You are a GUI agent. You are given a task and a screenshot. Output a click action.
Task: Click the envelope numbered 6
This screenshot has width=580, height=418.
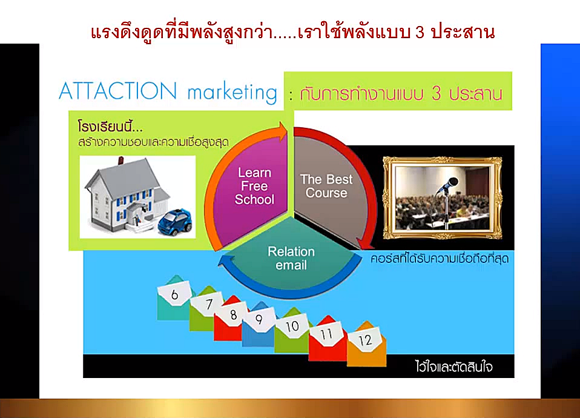pos(174,297)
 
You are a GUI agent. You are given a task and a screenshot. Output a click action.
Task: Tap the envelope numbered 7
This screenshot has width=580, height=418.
pos(206,308)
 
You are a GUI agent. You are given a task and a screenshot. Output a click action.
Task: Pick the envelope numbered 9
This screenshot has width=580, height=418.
pos(259,326)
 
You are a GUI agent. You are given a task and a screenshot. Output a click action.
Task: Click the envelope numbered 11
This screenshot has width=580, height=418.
pos(328,338)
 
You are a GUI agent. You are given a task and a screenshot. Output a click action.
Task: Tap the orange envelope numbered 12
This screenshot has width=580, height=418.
pos(366,344)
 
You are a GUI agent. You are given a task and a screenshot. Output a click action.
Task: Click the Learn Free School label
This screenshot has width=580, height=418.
pos(254,186)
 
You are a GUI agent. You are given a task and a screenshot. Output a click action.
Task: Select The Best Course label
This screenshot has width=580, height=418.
pos(326,186)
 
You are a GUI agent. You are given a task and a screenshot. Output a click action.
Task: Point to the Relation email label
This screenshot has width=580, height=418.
pos(291,259)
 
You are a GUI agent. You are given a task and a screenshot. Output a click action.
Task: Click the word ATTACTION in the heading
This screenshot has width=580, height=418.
pos(118,91)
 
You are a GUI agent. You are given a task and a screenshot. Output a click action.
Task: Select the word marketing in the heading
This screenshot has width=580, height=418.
pos(232,93)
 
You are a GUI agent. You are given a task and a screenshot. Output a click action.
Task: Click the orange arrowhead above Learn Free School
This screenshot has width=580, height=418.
pos(282,132)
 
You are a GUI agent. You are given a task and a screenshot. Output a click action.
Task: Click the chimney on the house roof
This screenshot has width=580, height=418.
pos(120,161)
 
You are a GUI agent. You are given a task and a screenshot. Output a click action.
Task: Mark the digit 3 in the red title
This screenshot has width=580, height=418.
pos(420,33)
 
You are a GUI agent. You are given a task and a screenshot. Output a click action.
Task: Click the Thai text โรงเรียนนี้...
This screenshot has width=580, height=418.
pos(110,126)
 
